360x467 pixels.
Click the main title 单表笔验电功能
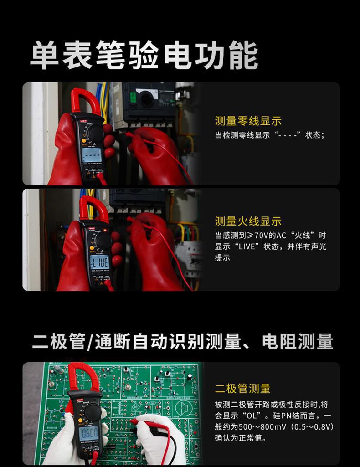[x=144, y=55]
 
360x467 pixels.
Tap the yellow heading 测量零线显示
[x=248, y=121]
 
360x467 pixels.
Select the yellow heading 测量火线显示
[x=248, y=221]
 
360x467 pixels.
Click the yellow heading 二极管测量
[x=243, y=389]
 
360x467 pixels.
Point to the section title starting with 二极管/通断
[x=182, y=342]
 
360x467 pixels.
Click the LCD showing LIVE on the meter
[x=99, y=262]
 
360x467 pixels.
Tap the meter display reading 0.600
[x=88, y=433]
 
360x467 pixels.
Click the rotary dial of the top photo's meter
[x=95, y=133]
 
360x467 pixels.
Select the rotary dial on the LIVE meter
[x=103, y=241]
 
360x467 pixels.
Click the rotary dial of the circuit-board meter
[x=93, y=411]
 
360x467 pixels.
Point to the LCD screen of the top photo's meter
[x=91, y=155]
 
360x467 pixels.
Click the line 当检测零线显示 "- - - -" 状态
[x=269, y=135]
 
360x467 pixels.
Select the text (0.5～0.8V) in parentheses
[x=311, y=427]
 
